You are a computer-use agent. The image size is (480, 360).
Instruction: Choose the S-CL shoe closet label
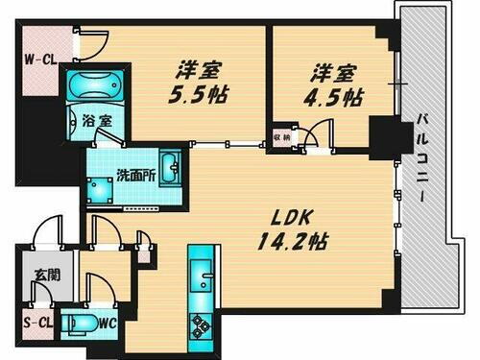(36, 324)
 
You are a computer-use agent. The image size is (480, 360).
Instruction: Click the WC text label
(108, 323)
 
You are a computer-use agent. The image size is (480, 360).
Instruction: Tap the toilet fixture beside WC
(85, 324)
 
